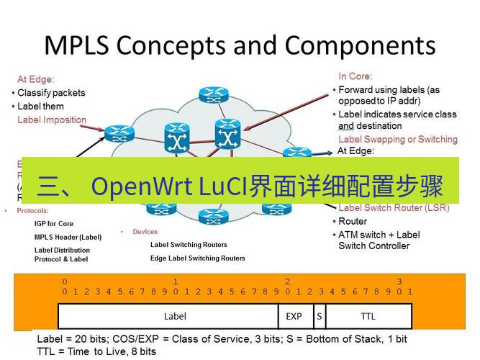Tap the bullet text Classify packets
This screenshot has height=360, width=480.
[51, 93]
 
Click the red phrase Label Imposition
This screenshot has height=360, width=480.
[52, 120]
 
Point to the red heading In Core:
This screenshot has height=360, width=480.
[356, 76]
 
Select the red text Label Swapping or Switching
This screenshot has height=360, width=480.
[397, 139]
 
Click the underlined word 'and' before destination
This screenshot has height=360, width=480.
[346, 125]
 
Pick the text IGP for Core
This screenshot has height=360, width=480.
[54, 224]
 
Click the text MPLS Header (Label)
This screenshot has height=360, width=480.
[68, 237]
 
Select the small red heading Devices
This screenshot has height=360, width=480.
[145, 232]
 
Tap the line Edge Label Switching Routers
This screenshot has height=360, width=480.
[197, 258]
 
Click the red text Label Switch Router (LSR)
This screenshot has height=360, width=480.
[394, 208]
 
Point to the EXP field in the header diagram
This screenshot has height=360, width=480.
[294, 315]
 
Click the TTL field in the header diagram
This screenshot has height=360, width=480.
[368, 315]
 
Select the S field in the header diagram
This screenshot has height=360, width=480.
[319, 315]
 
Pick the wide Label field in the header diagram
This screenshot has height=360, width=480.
[175, 315]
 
